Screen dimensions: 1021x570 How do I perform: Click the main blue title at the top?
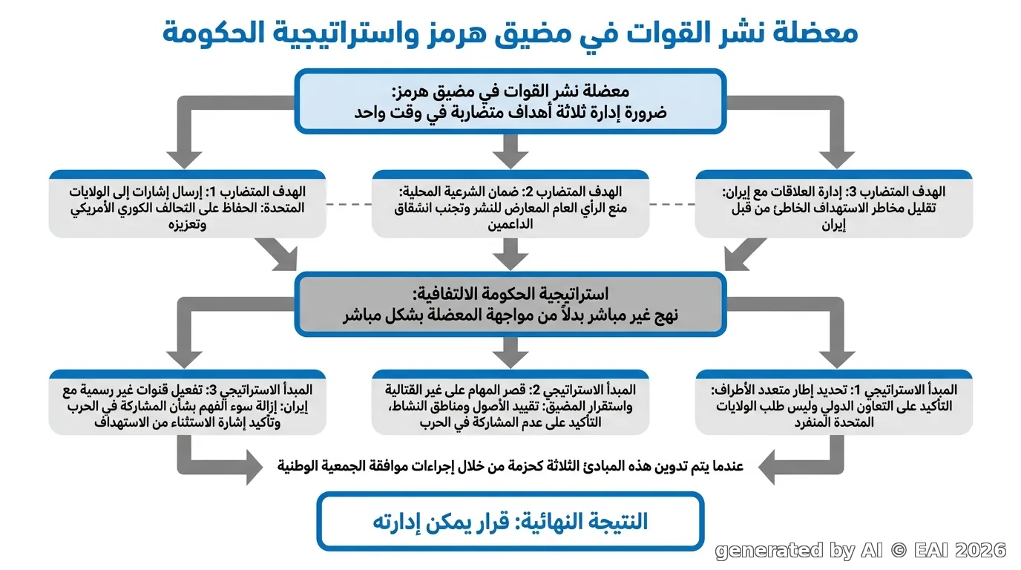coord(510,33)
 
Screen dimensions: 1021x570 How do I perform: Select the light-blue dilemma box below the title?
coord(510,101)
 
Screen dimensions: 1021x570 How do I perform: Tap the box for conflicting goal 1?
coord(187,204)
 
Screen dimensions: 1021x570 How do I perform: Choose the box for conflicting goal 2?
coord(510,204)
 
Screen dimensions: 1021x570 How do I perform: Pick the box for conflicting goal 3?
coord(834,204)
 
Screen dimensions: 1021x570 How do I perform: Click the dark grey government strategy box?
coord(510,304)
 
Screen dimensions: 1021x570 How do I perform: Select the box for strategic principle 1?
coord(834,402)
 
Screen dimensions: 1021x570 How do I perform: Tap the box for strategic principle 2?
coord(510,402)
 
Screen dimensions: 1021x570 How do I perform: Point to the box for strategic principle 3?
coord(187,402)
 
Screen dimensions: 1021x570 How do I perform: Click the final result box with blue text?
coord(510,521)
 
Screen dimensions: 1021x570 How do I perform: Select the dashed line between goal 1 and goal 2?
coord(349,204)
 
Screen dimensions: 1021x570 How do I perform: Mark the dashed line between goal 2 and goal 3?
coord(672,204)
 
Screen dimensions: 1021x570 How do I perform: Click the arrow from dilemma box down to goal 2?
coord(510,151)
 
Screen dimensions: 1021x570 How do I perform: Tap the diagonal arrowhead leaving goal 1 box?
coord(285,259)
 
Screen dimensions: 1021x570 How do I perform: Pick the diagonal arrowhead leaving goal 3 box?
coord(737,259)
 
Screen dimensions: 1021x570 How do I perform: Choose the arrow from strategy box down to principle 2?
coord(510,353)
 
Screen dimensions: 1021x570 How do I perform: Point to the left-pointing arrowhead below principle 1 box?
coord(766,467)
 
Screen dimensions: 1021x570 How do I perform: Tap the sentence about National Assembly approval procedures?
coord(510,466)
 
